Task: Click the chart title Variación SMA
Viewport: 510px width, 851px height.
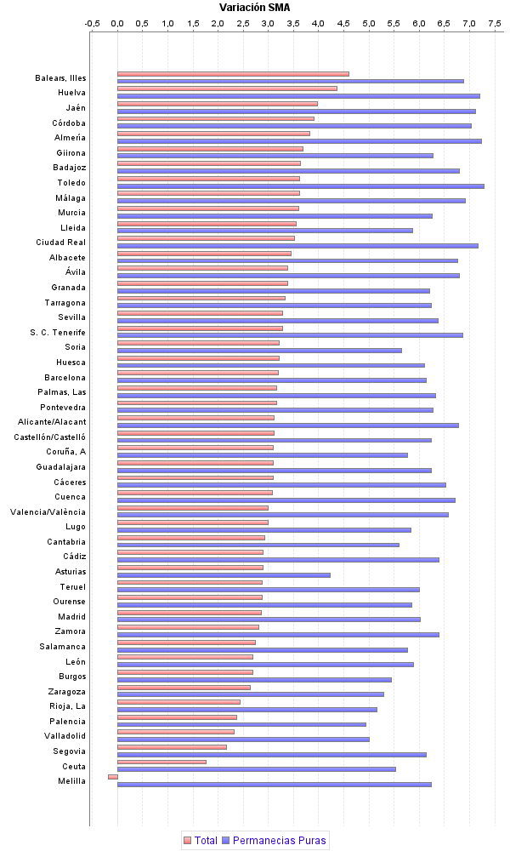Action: tap(255, 7)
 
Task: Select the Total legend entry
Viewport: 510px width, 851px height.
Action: tap(200, 841)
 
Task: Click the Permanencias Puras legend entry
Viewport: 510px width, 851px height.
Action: tap(273, 841)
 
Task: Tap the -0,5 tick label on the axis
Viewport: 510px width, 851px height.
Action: tap(93, 23)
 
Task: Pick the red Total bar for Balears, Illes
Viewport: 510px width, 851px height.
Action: tap(233, 74)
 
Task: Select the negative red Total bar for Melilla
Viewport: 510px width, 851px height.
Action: tap(113, 776)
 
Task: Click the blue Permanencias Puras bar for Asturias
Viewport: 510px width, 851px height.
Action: tap(224, 575)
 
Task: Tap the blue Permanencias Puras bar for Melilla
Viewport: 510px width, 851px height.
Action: tap(274, 784)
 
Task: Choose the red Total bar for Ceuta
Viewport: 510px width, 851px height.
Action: tap(161, 762)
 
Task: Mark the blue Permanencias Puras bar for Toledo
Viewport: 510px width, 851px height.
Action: tap(300, 186)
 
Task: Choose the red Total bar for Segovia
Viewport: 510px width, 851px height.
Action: tap(172, 747)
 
